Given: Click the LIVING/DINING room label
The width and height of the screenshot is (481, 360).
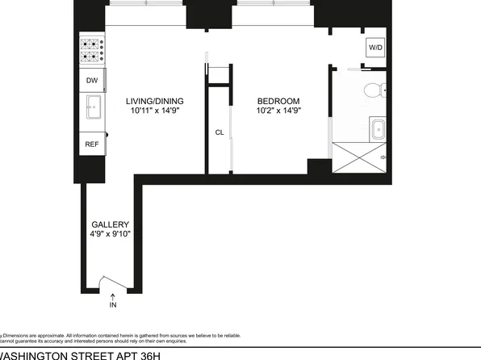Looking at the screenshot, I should point(155,101).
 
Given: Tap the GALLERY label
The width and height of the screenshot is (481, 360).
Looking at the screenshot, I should point(110,224).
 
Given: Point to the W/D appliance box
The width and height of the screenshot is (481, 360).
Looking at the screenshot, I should point(375,48).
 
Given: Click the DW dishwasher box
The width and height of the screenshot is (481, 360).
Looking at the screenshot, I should point(92,80).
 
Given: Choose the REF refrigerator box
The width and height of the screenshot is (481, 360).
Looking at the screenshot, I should point(92,144).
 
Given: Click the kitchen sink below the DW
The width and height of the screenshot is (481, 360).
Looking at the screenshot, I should point(92,106).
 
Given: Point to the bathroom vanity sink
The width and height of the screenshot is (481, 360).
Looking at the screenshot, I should point(377,128).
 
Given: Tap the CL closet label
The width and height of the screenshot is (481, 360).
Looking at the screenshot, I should point(219,132).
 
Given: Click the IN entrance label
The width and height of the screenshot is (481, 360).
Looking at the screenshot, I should point(112,304).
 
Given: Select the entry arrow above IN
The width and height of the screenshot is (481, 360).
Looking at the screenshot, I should point(112,295).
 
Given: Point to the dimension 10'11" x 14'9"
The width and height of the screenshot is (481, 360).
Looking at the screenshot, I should point(155,111).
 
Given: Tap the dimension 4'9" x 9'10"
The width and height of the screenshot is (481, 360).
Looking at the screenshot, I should point(110,234).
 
